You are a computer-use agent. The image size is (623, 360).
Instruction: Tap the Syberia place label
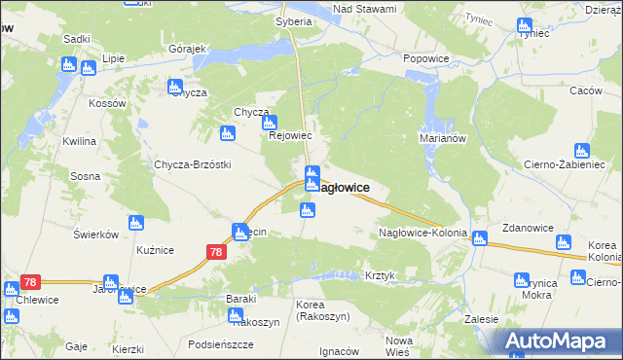(x=293, y=20)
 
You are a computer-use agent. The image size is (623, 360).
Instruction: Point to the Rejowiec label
(x=289, y=136)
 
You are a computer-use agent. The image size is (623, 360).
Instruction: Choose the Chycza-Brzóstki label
(x=192, y=164)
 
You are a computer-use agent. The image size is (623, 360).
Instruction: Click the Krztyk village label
(x=380, y=275)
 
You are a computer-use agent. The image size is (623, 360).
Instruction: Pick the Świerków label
(x=95, y=234)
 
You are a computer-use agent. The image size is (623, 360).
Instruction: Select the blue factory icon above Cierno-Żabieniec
(x=581, y=151)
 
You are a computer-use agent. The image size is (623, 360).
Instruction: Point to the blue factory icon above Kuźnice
(x=135, y=226)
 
